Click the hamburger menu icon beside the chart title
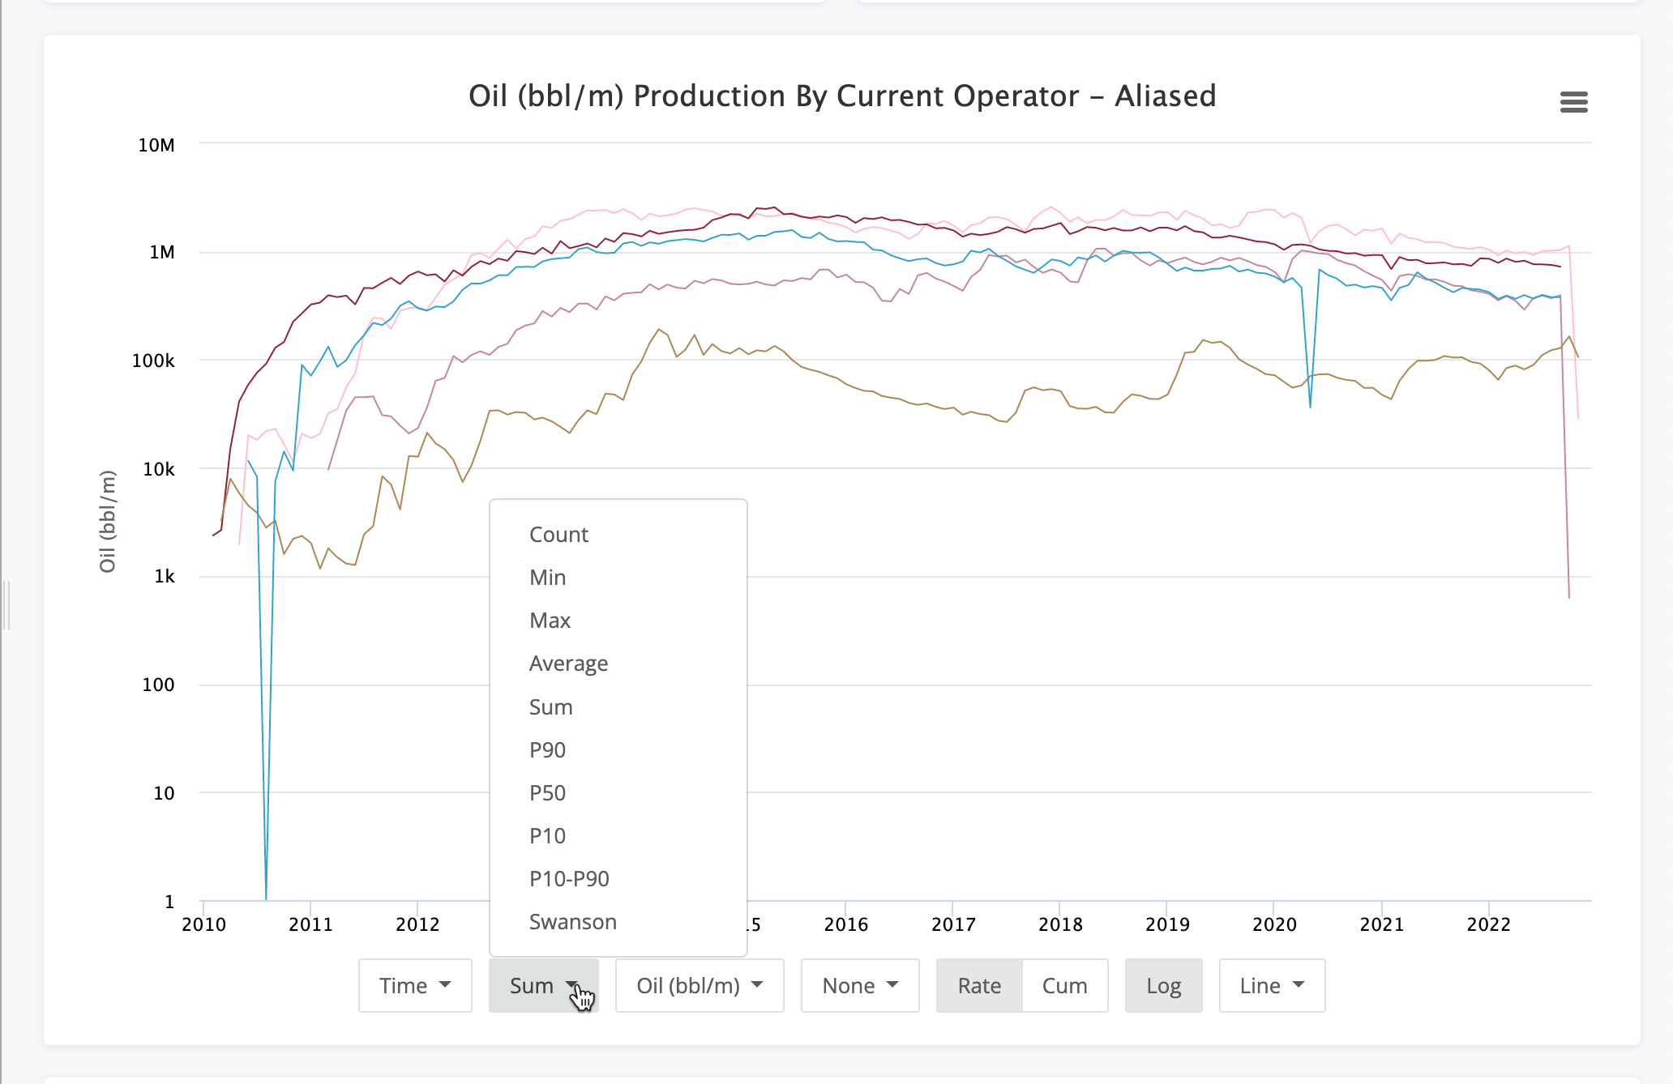tap(1573, 102)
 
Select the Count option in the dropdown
tap(558, 535)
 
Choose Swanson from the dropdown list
tap(572, 922)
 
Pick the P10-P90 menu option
tap(569, 879)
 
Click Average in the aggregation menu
tap(568, 664)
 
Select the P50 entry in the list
tap(547, 793)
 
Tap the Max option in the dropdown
tap(550, 621)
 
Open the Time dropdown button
tap(415, 986)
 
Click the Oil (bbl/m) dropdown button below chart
tap(700, 986)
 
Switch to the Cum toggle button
tap(1064, 986)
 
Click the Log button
tap(1163, 986)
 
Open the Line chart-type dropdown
tap(1272, 986)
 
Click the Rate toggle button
tap(979, 986)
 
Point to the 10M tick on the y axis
tap(156, 145)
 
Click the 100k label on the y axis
tap(153, 361)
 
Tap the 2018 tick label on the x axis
tap(1060, 924)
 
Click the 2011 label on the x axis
tap(310, 924)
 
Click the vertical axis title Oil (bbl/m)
tap(108, 522)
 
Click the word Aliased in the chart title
tap(1165, 96)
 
